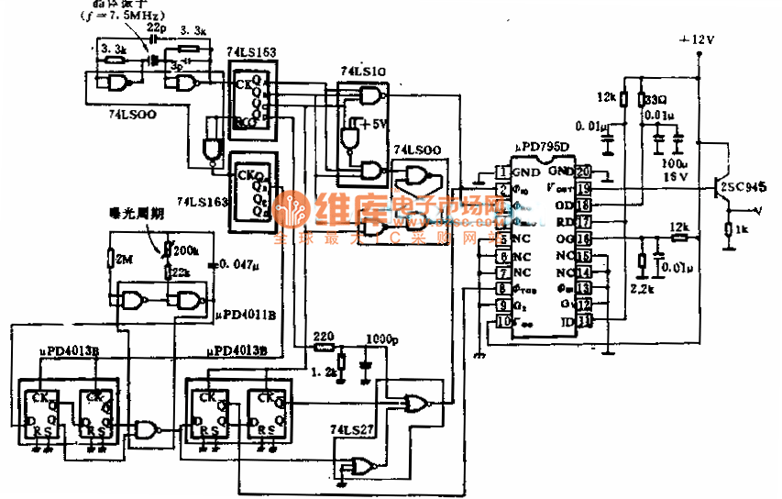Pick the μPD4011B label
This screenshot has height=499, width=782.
[244, 313]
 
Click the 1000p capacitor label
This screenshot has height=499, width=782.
[380, 338]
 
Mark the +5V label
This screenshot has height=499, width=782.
[374, 124]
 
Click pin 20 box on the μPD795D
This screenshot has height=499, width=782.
[583, 172]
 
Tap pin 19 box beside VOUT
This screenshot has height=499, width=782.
[583, 188]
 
